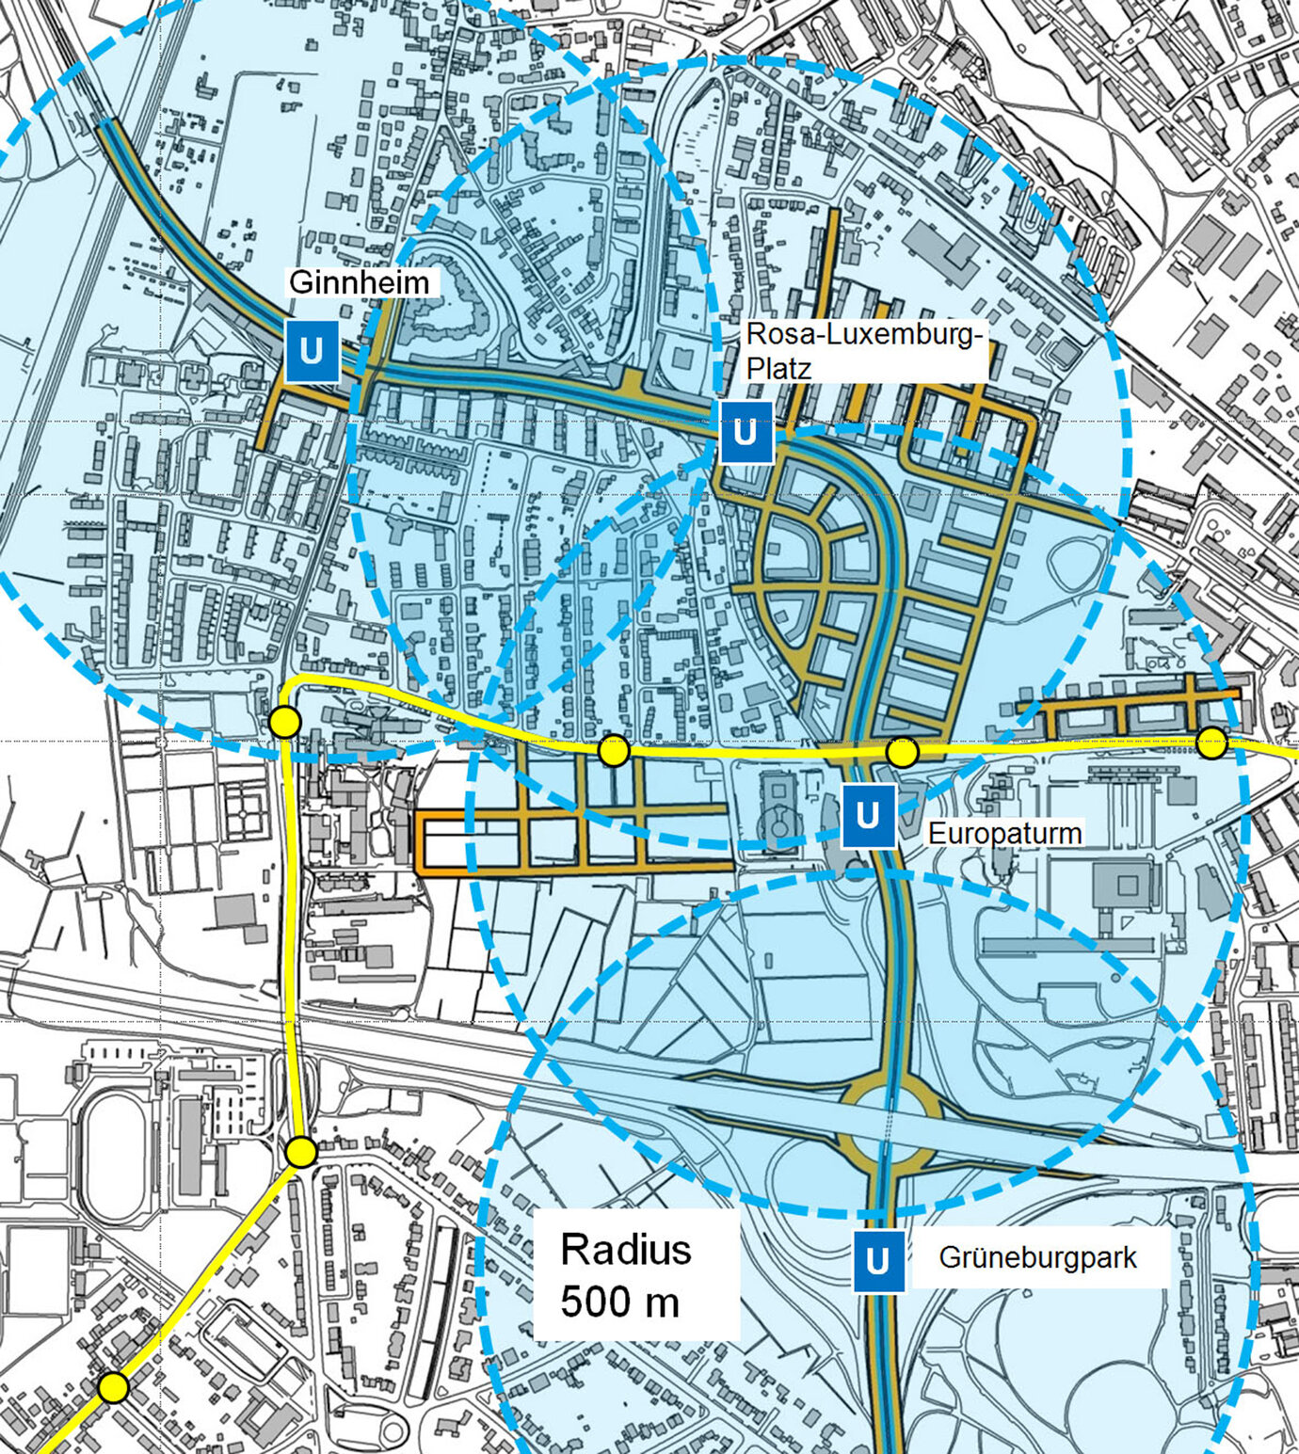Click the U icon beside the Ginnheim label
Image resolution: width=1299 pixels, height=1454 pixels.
point(312,351)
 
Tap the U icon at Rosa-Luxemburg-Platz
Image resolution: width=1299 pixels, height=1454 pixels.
point(746,432)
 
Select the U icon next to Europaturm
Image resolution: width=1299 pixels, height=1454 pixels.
point(868,815)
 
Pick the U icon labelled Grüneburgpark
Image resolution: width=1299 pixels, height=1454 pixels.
point(878,1260)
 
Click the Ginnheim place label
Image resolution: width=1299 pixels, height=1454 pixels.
point(359,282)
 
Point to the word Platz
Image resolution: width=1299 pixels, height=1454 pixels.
point(778,368)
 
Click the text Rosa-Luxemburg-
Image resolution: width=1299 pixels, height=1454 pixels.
point(864,335)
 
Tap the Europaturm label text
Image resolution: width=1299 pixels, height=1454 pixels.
point(1004,833)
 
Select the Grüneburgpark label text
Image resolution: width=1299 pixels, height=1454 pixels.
point(1037,1257)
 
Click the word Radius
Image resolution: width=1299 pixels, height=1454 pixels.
point(626,1251)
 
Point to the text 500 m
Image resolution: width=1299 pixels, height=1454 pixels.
point(619,1302)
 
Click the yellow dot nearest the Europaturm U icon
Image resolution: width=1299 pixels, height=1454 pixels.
point(902,752)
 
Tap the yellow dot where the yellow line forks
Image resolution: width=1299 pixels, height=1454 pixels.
point(300,1152)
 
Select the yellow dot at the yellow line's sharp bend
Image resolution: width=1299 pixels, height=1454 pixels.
point(284,722)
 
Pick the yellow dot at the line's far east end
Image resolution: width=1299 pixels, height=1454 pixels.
point(1211,743)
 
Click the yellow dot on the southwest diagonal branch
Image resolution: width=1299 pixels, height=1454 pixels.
point(113,1387)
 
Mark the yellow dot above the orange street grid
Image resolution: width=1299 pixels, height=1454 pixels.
point(614,750)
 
